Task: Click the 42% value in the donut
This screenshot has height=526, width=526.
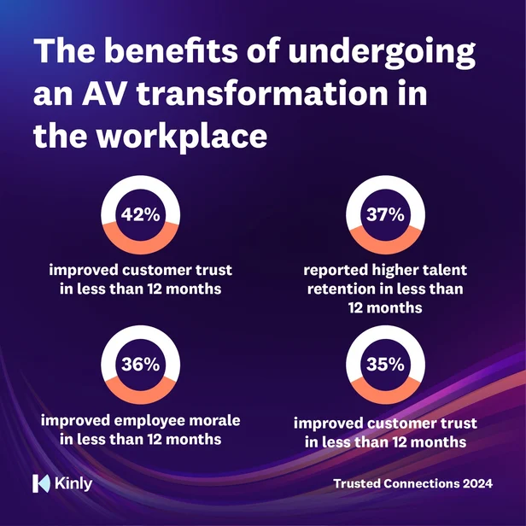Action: [140, 215]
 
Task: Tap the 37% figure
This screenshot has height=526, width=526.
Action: [385, 215]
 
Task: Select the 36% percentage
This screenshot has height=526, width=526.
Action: [140, 365]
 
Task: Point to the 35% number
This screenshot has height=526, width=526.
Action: [385, 365]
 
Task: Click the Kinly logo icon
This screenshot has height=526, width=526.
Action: [40, 483]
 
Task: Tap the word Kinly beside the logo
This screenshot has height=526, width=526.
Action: [72, 483]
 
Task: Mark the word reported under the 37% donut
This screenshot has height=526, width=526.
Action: [336, 271]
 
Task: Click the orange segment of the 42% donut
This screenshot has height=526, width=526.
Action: [140, 238]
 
